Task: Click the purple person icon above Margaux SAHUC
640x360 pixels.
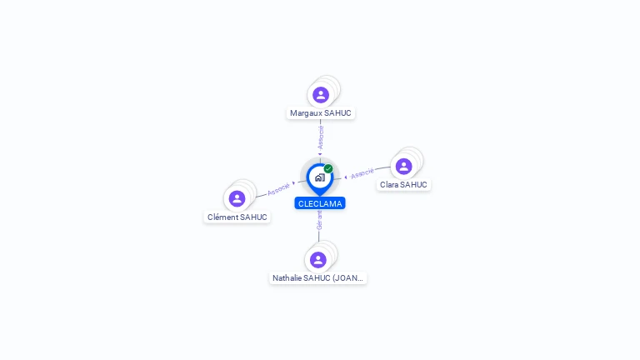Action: pyautogui.click(x=321, y=95)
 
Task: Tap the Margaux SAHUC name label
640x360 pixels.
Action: pyautogui.click(x=320, y=113)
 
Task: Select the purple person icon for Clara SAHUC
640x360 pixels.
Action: pyautogui.click(x=403, y=167)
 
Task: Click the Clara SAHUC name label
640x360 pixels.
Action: pyautogui.click(x=403, y=185)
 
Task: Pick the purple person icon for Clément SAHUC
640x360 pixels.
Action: pyautogui.click(x=237, y=199)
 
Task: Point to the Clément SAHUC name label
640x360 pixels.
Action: pyautogui.click(x=237, y=217)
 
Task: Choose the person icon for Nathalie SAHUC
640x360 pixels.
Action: pyautogui.click(x=318, y=260)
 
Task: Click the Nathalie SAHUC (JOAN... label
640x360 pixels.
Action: pyautogui.click(x=317, y=278)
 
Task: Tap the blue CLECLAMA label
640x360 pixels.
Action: pyautogui.click(x=320, y=203)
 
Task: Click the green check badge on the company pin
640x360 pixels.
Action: pyautogui.click(x=328, y=168)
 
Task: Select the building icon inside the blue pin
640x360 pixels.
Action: pyautogui.click(x=320, y=177)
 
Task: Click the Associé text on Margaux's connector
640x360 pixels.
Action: pyautogui.click(x=321, y=137)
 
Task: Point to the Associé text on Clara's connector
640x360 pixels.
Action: pyautogui.click(x=362, y=173)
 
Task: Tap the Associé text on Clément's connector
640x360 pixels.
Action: pyautogui.click(x=278, y=189)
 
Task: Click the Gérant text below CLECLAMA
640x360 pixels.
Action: pyautogui.click(x=320, y=220)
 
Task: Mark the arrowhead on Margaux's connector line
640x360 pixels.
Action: pyautogui.click(x=320, y=154)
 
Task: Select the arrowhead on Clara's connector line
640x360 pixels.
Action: pyautogui.click(x=346, y=177)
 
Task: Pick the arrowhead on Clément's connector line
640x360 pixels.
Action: pyautogui.click(x=293, y=183)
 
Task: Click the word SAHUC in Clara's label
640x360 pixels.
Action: pyautogui.click(x=414, y=185)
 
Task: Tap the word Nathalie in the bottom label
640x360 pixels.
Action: pyautogui.click(x=287, y=278)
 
